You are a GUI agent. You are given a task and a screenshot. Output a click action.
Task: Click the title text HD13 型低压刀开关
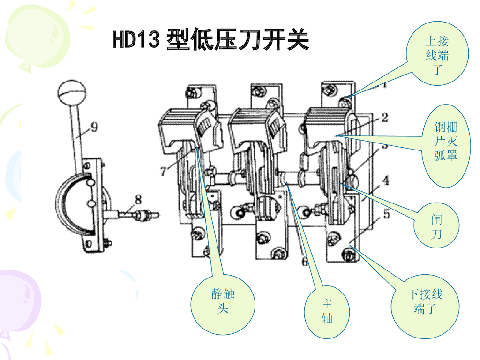tap(210, 39)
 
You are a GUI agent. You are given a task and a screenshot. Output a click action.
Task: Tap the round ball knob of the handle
tap(72, 92)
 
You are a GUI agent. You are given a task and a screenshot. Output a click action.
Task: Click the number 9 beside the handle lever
tap(94, 127)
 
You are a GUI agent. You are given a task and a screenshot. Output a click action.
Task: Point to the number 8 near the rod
tap(138, 199)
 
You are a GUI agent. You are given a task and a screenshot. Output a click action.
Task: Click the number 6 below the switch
tap(305, 261)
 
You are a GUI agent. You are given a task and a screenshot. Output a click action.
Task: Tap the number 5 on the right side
tap(387, 214)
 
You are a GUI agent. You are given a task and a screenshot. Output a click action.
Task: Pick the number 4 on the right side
tap(386, 180)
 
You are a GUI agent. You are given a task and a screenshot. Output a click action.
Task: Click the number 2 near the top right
tap(385, 118)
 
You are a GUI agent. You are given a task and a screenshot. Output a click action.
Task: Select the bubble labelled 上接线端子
tap(437, 53)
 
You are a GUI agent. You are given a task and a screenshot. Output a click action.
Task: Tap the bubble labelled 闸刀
tap(436, 225)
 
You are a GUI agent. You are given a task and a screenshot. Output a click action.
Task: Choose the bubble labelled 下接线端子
tap(425, 306)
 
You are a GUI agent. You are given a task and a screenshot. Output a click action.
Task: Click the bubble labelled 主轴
tap(327, 312)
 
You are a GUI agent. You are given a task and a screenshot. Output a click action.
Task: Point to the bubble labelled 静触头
tap(223, 304)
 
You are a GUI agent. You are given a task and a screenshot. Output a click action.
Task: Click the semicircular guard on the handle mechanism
tap(73, 202)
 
